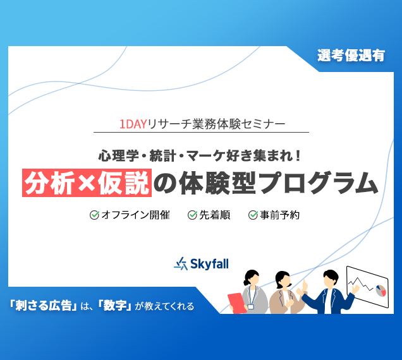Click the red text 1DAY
click(133, 124)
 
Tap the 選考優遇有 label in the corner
click(351, 56)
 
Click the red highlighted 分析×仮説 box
click(87, 183)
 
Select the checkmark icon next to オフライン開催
click(94, 215)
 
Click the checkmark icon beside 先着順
click(192, 215)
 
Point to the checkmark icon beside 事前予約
click(253, 215)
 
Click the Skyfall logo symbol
click(181, 263)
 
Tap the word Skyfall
click(209, 263)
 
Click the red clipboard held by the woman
click(237, 303)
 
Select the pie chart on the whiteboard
click(381, 291)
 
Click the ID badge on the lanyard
click(250, 306)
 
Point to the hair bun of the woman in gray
click(246, 282)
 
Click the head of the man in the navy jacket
click(331, 279)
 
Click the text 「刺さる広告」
click(43, 306)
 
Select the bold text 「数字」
click(114, 306)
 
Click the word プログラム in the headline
click(319, 183)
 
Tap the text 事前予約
click(280, 215)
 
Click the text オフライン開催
click(136, 215)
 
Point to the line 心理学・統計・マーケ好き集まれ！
click(200, 155)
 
